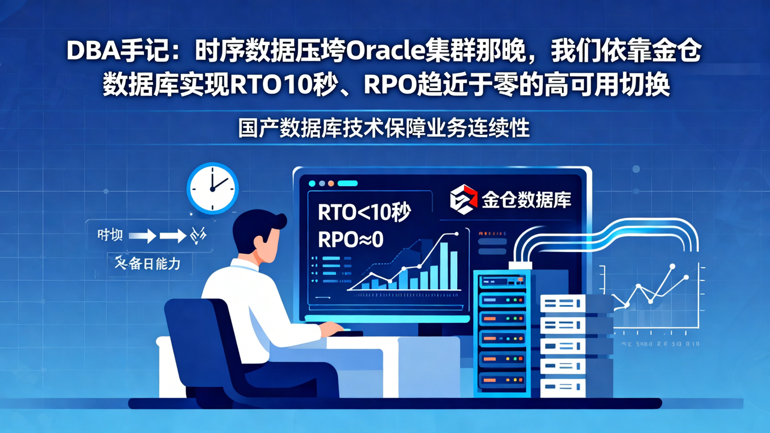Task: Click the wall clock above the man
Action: click(212, 188)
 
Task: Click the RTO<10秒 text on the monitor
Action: click(364, 213)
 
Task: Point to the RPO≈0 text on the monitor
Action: click(351, 239)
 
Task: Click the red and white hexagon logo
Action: click(463, 199)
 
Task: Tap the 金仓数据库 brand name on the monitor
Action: click(526, 200)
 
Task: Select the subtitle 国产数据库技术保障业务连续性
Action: click(384, 129)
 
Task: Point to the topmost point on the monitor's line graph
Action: click(456, 234)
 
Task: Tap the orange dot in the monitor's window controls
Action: click(331, 183)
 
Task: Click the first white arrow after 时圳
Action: click(142, 235)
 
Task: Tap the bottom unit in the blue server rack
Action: click(502, 381)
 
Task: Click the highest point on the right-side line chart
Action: click(672, 266)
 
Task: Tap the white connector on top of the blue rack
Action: click(520, 265)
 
